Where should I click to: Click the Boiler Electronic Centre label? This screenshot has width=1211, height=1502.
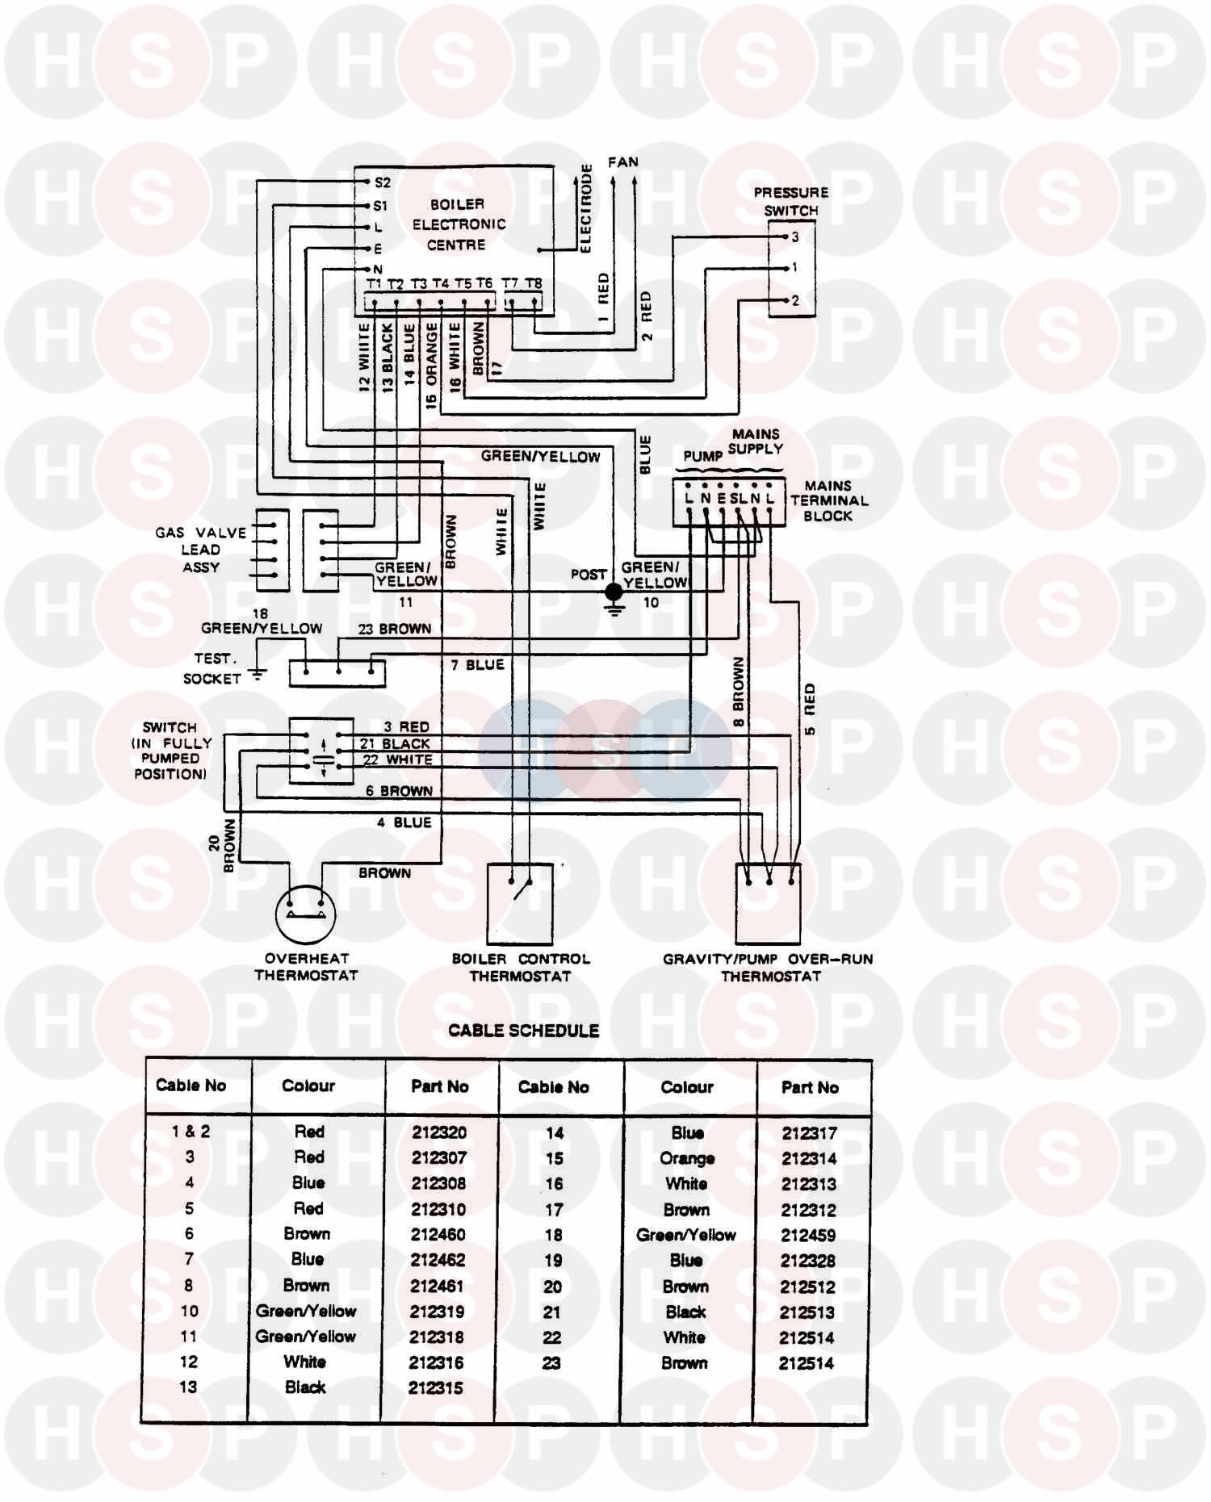tap(458, 224)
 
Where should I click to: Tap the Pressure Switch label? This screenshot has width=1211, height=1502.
tap(790, 202)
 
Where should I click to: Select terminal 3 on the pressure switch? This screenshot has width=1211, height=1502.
tap(794, 237)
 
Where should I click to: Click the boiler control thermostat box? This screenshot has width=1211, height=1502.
tap(521, 904)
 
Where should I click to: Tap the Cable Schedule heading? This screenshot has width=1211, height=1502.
tap(523, 1031)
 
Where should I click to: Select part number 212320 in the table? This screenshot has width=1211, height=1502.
tap(439, 1132)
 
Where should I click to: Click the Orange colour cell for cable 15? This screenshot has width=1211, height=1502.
tap(687, 1158)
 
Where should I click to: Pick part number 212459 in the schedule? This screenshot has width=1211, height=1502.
tap(808, 1235)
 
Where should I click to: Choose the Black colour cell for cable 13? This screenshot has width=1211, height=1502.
tap(305, 1387)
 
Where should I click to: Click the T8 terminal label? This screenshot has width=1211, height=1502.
tap(534, 283)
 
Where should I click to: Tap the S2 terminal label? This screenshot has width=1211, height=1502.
tap(382, 182)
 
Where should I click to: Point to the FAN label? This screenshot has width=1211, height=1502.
tap(623, 162)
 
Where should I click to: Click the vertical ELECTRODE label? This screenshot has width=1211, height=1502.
tap(587, 208)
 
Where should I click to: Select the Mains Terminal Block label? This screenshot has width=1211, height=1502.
tap(828, 500)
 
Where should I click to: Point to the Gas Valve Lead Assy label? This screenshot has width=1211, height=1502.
tap(201, 550)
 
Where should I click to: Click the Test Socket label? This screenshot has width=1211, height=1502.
tap(212, 668)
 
